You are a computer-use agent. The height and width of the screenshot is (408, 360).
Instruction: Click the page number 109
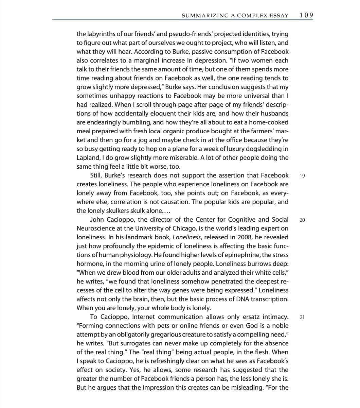[306, 15]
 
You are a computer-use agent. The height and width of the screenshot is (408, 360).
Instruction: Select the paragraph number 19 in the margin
[302, 176]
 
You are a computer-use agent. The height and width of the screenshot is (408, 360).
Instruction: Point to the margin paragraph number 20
[302, 220]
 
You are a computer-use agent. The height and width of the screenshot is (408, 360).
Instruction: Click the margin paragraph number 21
[302, 317]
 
